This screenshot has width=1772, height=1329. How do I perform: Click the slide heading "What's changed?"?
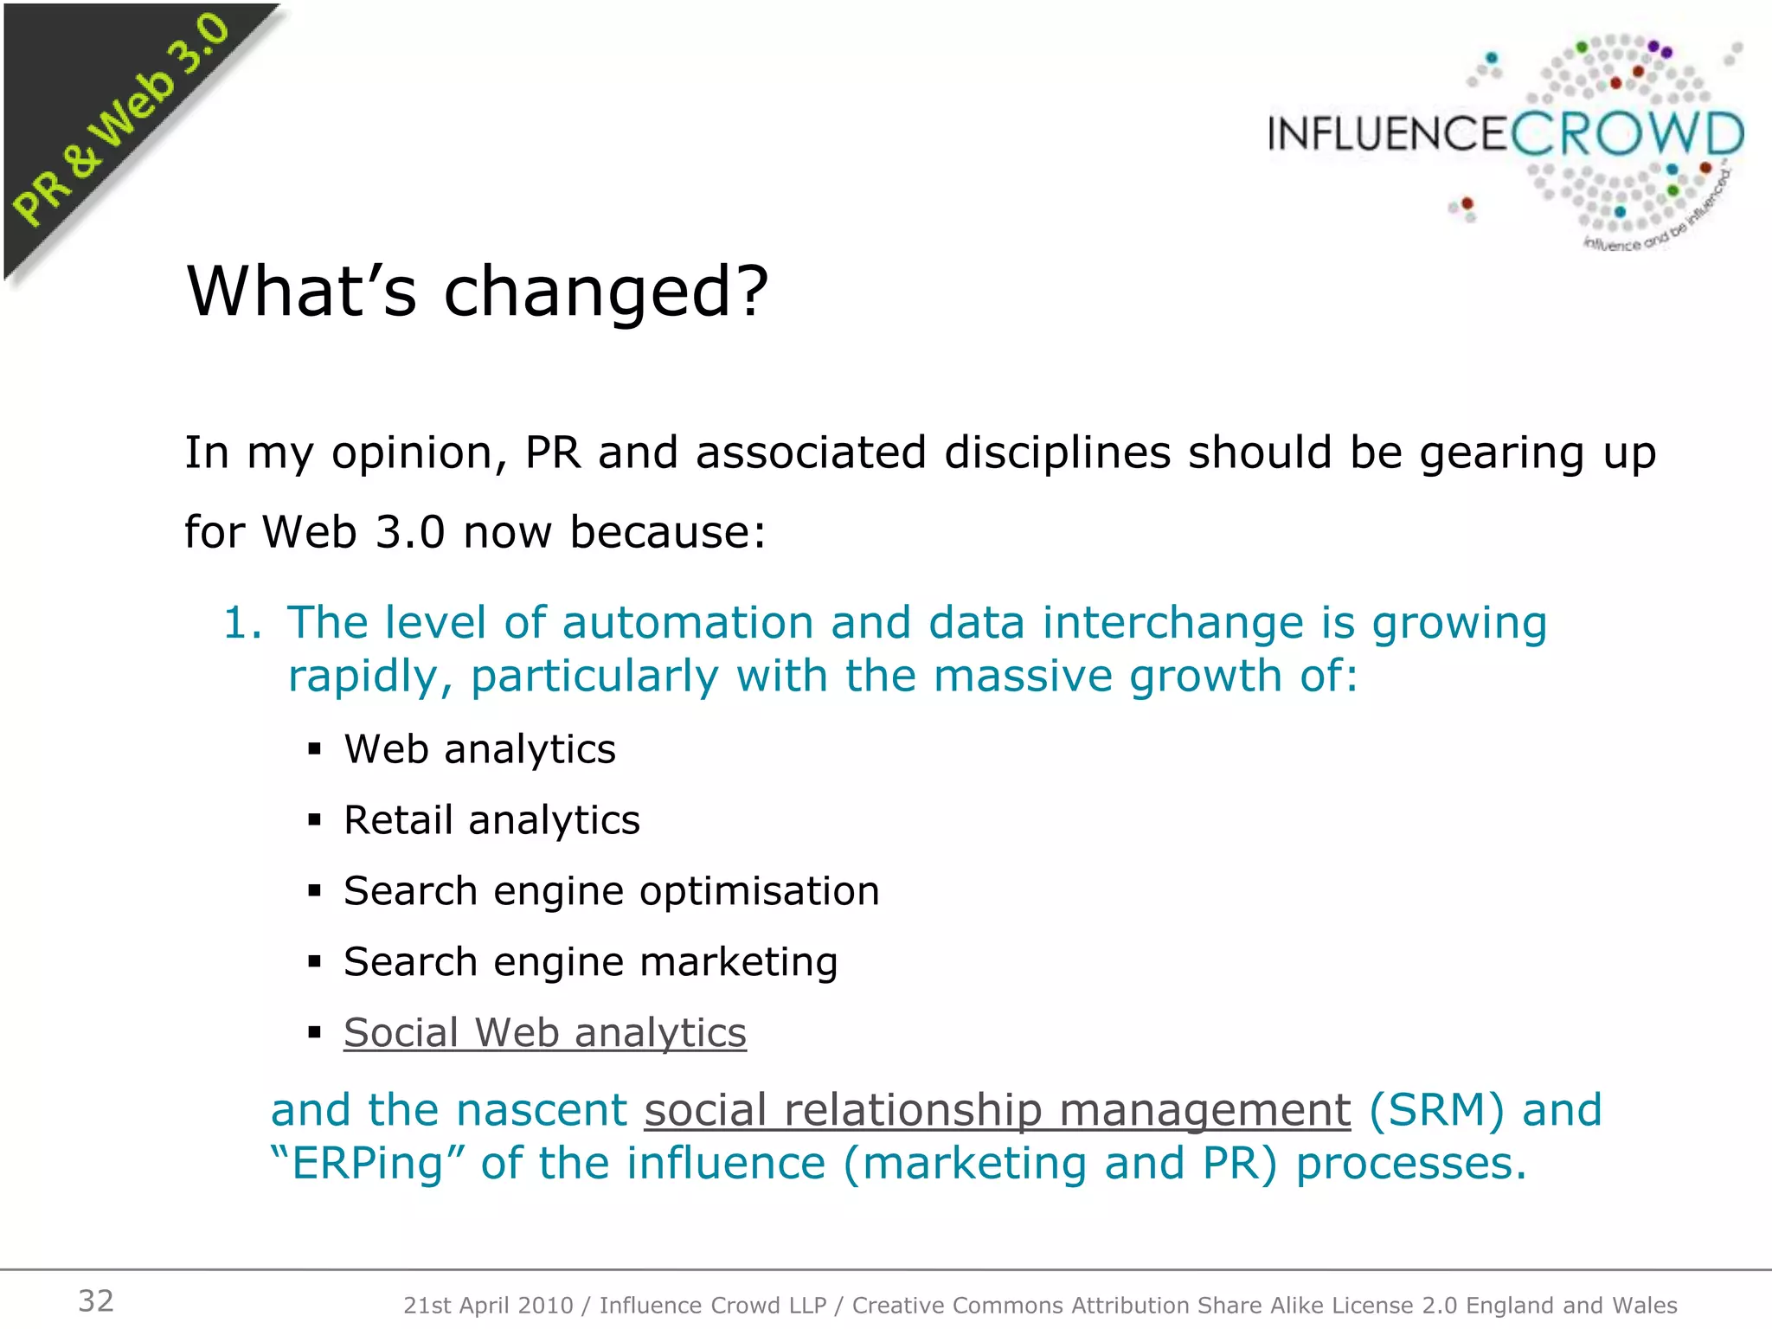[x=477, y=292]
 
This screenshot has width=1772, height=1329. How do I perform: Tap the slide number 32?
[x=96, y=1300]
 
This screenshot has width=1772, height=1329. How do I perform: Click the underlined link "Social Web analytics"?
[x=544, y=1032]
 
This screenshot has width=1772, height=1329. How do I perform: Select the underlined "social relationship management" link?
[x=997, y=1110]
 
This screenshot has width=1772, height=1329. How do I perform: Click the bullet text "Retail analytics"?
[x=491, y=820]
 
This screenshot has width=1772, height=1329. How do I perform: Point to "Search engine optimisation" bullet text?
[x=611, y=891]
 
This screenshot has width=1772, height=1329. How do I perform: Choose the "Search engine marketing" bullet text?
[x=590, y=962]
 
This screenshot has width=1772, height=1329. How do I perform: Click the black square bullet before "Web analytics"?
[x=315, y=749]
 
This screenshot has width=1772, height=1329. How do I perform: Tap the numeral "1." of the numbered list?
[x=241, y=624]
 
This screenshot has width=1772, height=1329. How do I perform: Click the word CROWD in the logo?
[x=1627, y=135]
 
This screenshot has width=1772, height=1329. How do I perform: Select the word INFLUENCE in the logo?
[x=1387, y=135]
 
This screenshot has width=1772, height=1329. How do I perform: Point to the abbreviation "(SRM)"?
[x=1436, y=1110]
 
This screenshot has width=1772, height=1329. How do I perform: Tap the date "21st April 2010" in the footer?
[x=488, y=1305]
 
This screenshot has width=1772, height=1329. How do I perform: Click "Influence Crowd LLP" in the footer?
[x=713, y=1305]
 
